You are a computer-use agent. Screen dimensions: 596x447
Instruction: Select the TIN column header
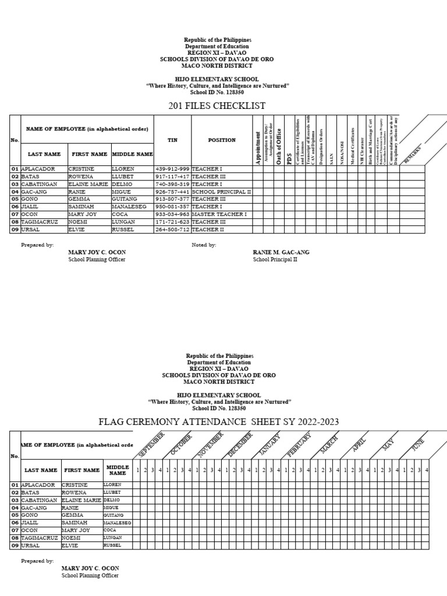172,140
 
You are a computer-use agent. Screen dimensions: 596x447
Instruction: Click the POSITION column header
221,140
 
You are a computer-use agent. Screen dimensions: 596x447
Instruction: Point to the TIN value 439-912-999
172,169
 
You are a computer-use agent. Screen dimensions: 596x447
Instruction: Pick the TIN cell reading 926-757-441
172,191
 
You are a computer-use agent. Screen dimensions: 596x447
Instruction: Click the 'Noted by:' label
204,245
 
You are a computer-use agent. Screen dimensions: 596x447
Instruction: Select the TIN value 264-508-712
172,229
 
